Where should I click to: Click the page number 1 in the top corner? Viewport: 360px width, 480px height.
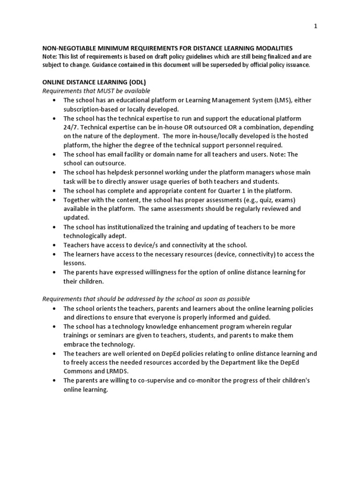316,26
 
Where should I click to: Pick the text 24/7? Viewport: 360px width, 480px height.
71,127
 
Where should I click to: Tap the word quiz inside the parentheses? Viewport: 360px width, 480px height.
260,200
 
